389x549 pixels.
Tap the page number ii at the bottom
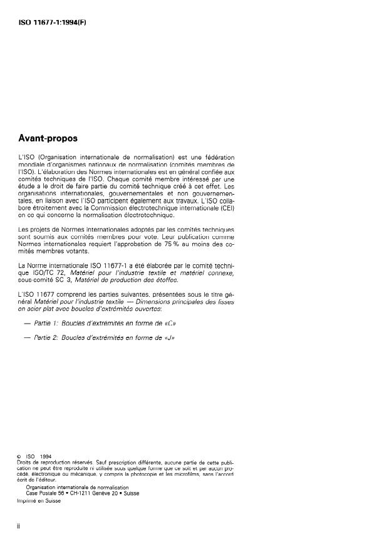[21, 526]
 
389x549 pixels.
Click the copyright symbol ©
[21, 456]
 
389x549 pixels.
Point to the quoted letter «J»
[167, 339]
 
